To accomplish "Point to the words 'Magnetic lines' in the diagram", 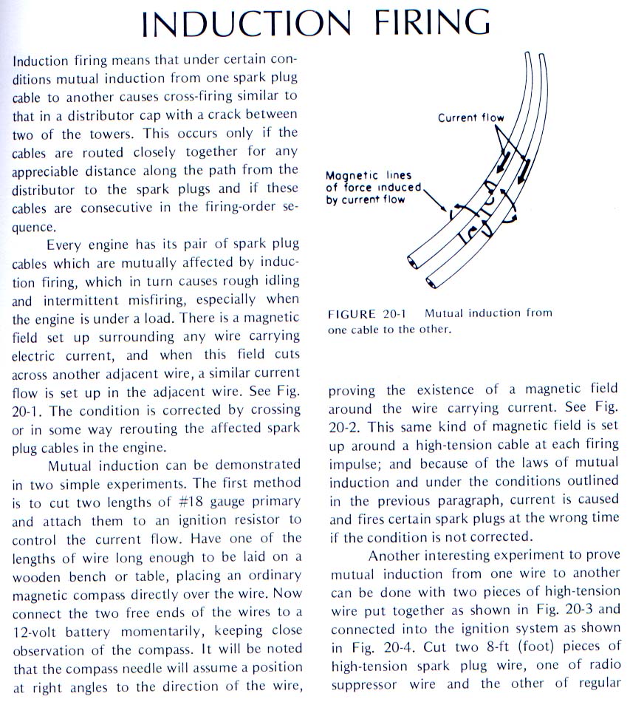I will coord(369,176).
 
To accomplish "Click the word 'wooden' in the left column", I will coord(38,576).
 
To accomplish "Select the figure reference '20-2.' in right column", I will coord(349,427).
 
